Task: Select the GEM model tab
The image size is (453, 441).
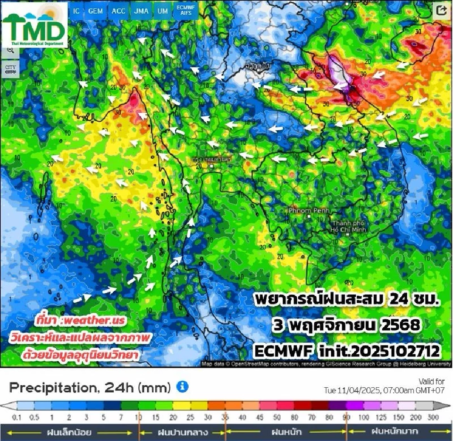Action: coord(96,11)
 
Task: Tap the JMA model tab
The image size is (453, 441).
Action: coord(140,11)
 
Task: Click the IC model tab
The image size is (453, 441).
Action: coord(76,11)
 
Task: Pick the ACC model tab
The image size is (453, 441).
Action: coord(118,11)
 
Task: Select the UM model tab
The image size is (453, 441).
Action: coord(162,11)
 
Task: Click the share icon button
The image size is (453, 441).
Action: coord(441,11)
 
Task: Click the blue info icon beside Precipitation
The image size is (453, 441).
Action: coord(182,387)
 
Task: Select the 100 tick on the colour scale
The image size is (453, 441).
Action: coord(364,417)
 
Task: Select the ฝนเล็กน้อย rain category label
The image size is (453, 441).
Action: coord(69,431)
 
